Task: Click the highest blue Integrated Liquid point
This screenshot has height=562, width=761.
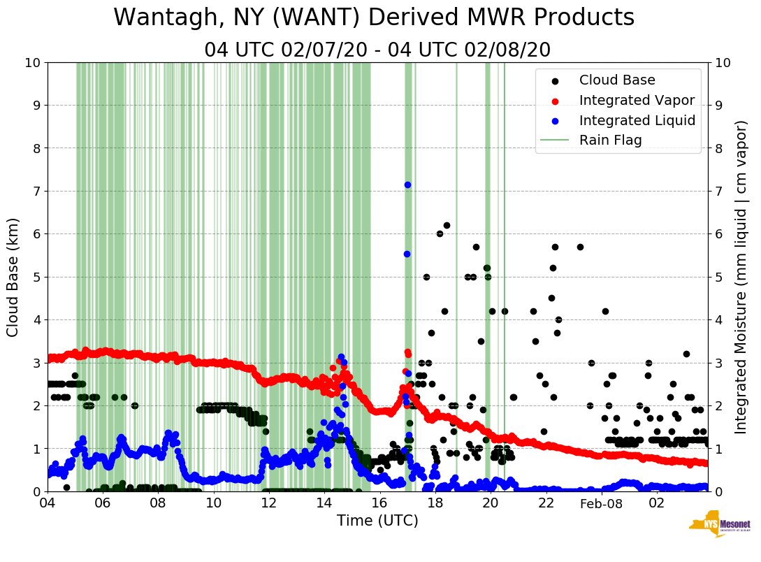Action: pos(407,185)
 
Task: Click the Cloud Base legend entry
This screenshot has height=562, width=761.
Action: pos(617,80)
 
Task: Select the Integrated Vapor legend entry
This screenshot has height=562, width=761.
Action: pos(637,101)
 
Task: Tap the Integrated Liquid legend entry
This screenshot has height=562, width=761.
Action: pos(637,120)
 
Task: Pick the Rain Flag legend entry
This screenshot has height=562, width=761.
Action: pos(610,140)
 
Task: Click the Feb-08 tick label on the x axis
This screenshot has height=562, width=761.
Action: pos(601,503)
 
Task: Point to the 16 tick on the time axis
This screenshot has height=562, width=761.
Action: pos(379,503)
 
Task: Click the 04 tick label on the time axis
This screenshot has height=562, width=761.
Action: pos(48,503)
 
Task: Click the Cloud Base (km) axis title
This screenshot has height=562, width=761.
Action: pos(13,277)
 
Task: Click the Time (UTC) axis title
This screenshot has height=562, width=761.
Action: pos(377,521)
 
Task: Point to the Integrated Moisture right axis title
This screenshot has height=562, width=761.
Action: pos(741,277)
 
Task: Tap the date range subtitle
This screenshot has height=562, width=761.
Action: pos(377,50)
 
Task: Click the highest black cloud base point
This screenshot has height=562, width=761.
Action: pos(447,225)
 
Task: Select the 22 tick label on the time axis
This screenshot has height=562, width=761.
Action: pos(546,503)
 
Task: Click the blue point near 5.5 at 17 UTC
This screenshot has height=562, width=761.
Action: pos(407,254)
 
